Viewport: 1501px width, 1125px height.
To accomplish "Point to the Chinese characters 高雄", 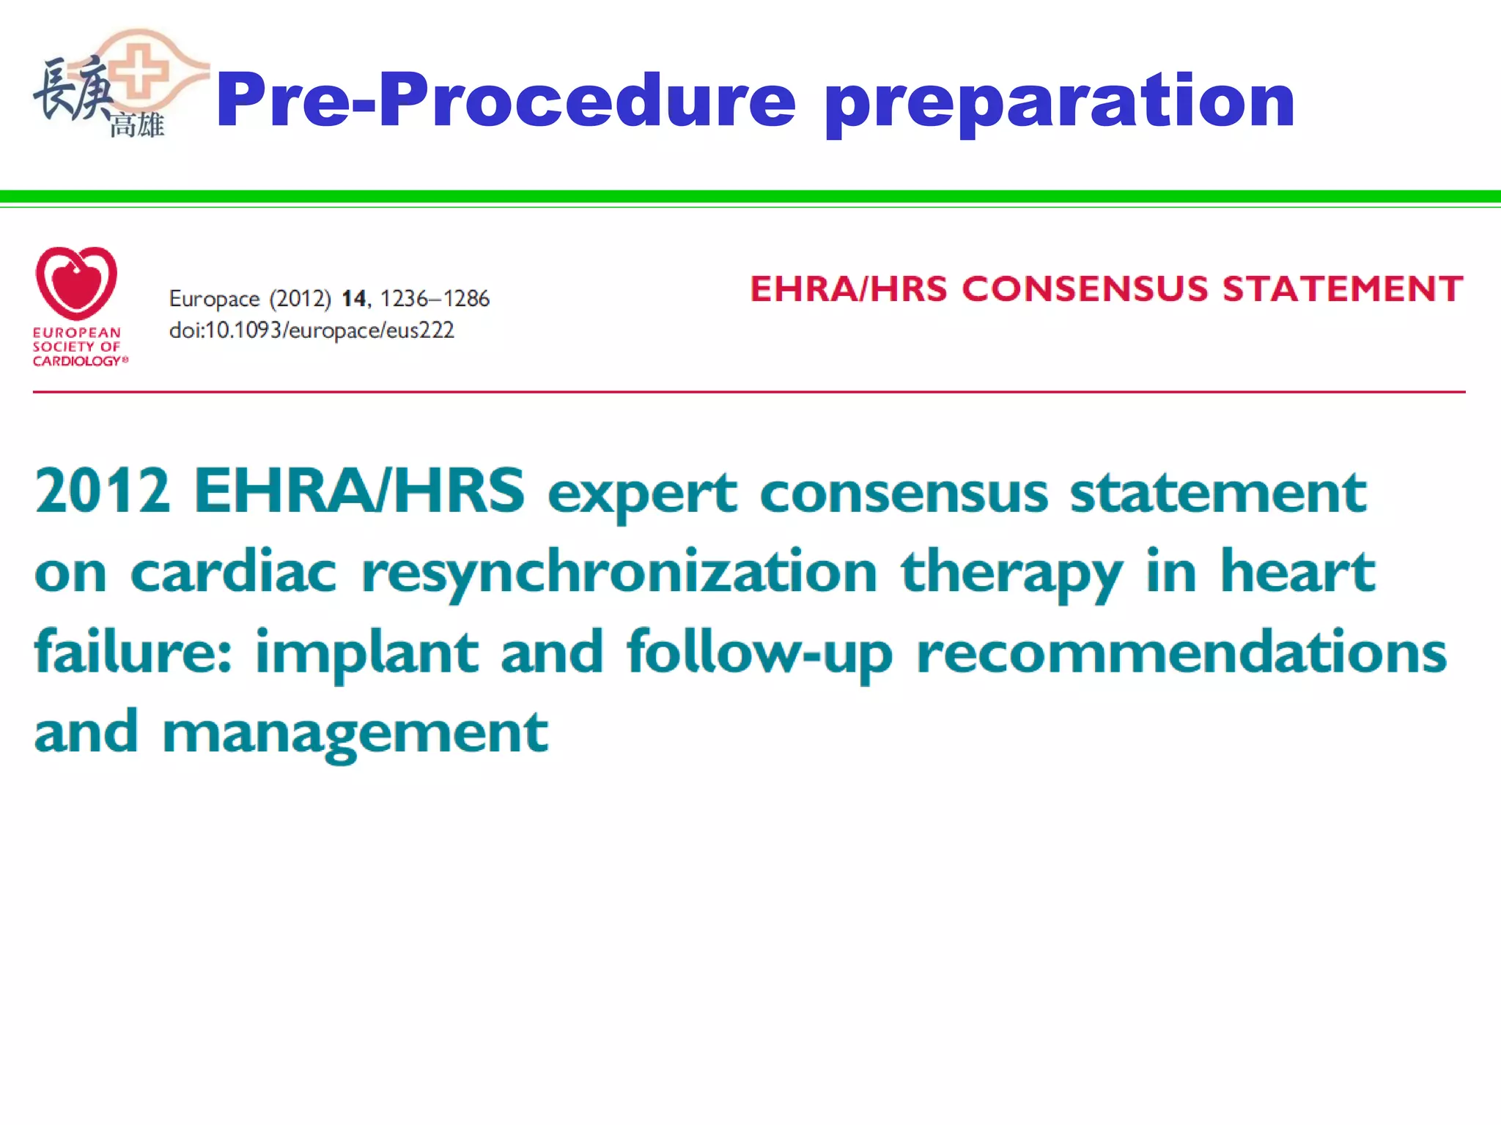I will coord(137,125).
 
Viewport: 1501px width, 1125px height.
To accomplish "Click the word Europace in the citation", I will coord(214,299).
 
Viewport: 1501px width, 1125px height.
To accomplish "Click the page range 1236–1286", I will coord(434,299).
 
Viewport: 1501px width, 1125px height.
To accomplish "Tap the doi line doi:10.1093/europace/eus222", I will coord(311,330).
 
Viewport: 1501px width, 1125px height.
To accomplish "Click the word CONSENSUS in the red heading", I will coord(1085,289).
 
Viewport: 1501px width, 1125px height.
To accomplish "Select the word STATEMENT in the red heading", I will coord(1343,289).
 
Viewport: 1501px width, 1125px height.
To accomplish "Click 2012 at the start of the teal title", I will coord(103,491).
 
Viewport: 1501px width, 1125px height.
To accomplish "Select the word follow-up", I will coord(759,653).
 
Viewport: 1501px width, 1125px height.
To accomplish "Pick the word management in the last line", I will coord(355,733).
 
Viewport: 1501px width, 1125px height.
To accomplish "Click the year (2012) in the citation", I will coord(300,299).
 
